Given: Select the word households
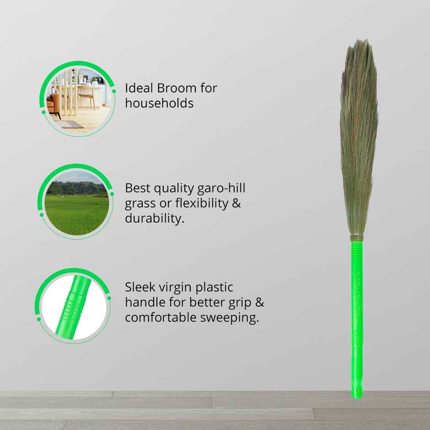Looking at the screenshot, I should coord(159,103).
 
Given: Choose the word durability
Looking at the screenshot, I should coord(155,218).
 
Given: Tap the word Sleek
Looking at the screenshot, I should coord(140,287).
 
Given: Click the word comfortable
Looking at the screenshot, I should coord(161,317).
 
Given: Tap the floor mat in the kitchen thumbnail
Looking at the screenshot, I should coord(72,124).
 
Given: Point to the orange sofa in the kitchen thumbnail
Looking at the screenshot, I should coord(56,103).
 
